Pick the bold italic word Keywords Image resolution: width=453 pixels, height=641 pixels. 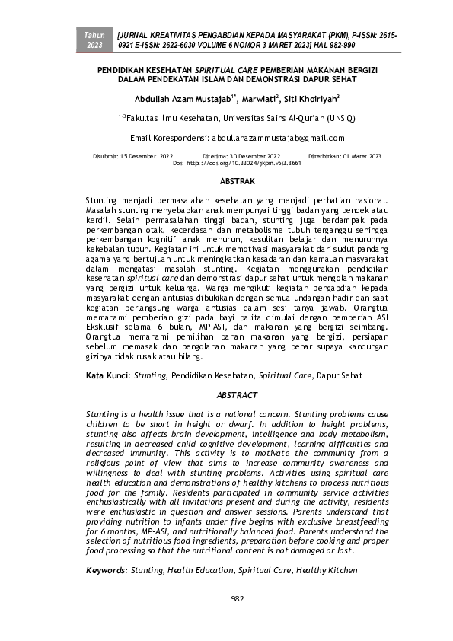(x=106, y=569)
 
